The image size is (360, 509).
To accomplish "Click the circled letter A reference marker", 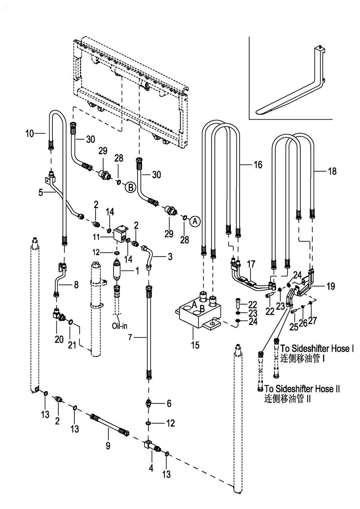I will click(x=194, y=220).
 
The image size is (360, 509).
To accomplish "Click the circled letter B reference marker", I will click(x=130, y=186).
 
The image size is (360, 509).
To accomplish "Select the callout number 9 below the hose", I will click(x=108, y=445).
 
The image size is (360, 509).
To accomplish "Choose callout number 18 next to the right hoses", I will click(x=332, y=171).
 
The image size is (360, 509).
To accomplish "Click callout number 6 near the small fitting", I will click(x=169, y=404).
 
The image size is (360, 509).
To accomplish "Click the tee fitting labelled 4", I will click(x=150, y=445).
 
